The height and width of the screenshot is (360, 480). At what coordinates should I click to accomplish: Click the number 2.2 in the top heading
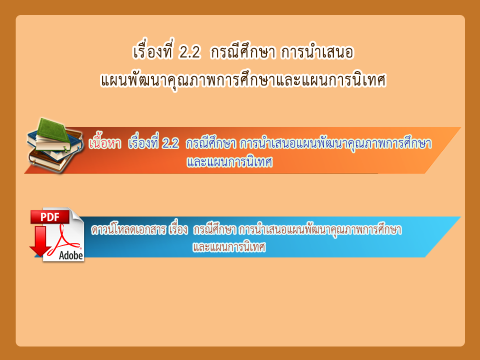click(x=190, y=52)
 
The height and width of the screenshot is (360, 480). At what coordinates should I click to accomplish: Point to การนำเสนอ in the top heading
click(x=317, y=51)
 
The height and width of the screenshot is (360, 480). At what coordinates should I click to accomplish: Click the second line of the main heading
click(x=243, y=80)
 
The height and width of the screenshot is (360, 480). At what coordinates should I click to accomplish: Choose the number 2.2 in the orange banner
click(x=170, y=143)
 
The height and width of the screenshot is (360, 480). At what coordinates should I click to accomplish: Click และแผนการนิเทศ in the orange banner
click(x=229, y=162)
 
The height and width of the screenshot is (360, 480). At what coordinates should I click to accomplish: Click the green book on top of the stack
click(x=52, y=131)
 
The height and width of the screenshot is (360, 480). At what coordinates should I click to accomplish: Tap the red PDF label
click(x=49, y=216)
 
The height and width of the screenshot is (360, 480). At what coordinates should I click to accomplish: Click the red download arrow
click(x=40, y=241)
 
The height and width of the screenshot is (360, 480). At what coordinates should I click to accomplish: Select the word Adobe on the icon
click(x=70, y=255)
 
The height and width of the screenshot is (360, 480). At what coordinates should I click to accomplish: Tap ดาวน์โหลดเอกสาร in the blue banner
click(x=128, y=229)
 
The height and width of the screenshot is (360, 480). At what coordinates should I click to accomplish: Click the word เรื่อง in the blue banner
click(x=178, y=229)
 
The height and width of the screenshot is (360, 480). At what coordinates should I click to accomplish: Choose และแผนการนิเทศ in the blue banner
click(x=229, y=246)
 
